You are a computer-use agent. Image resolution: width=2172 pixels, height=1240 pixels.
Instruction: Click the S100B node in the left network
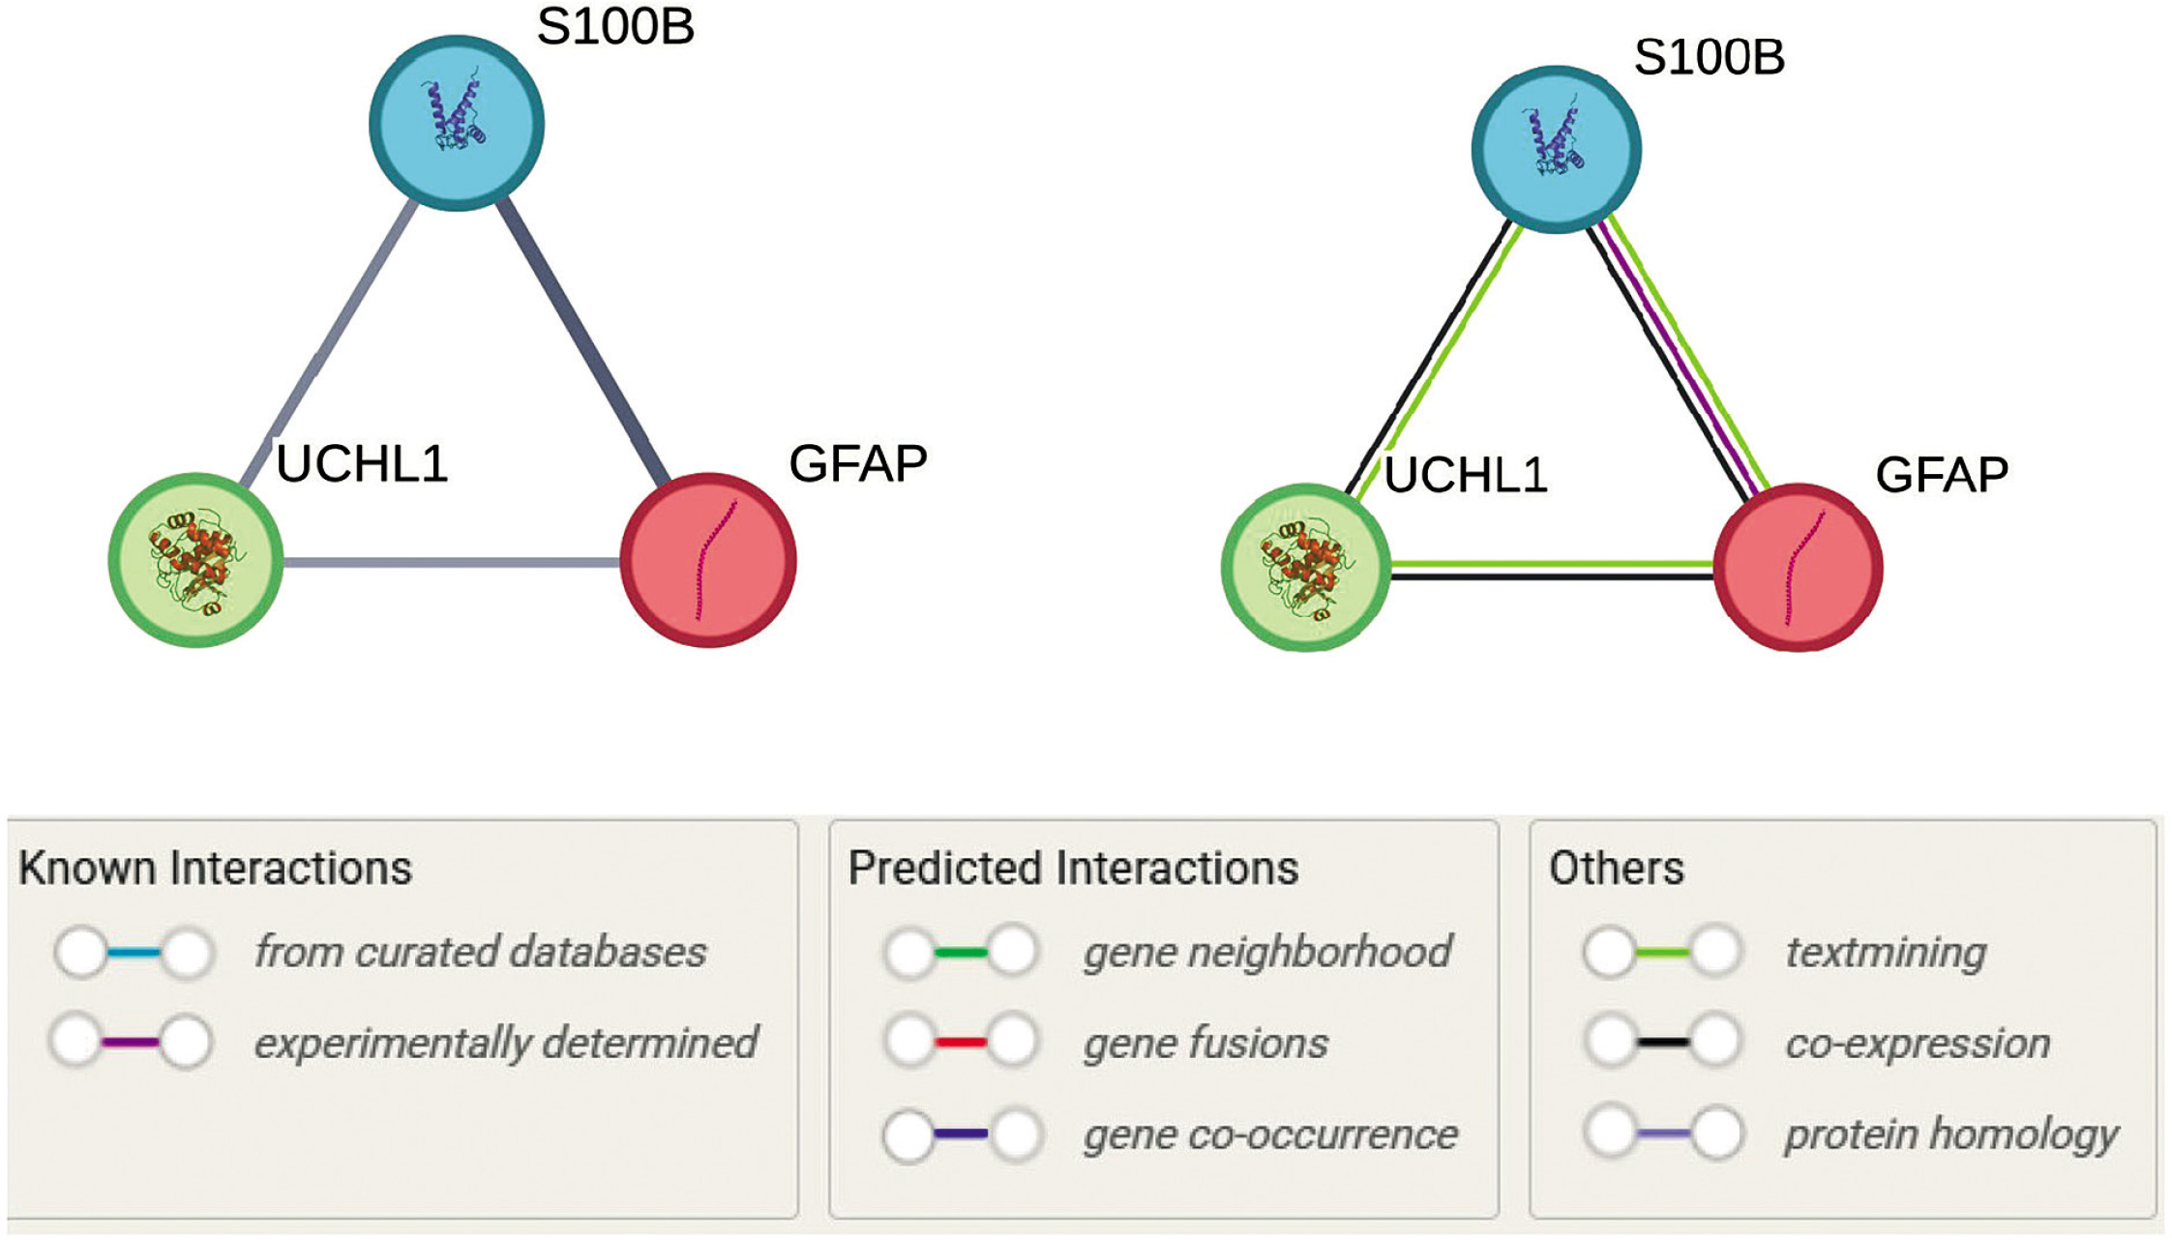click(x=457, y=123)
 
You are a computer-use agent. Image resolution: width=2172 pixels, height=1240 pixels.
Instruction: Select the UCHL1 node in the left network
click(x=195, y=560)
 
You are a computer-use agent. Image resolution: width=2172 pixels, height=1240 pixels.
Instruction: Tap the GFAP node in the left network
click(x=708, y=560)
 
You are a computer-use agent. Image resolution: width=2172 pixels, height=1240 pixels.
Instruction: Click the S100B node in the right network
click(x=1556, y=149)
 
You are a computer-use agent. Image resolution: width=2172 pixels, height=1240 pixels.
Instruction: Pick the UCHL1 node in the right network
click(x=1306, y=568)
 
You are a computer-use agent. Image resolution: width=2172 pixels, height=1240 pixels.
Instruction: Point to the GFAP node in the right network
click(x=1799, y=568)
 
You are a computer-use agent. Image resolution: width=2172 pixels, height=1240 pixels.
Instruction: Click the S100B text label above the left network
click(x=616, y=26)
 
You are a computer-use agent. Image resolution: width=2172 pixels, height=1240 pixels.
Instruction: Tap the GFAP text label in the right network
click(x=1942, y=474)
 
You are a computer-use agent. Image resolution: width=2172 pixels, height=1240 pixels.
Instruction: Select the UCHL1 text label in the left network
click(x=362, y=463)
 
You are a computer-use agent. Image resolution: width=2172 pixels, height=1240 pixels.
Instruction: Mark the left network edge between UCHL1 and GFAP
click(x=452, y=562)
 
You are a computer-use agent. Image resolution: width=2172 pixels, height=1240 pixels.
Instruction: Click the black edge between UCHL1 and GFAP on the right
click(x=1553, y=577)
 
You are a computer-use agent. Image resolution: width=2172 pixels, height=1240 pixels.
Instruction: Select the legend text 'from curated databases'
click(x=480, y=952)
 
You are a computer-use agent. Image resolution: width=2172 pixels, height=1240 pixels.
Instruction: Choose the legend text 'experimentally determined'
click(x=506, y=1043)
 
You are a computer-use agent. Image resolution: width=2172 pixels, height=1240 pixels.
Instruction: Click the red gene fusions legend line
click(x=961, y=1043)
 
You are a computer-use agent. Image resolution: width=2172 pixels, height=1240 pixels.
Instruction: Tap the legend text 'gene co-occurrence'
click(x=1270, y=1134)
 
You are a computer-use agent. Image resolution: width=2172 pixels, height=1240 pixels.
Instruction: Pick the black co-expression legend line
click(x=1663, y=1043)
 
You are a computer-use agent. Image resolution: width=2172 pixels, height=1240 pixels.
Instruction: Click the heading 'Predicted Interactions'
click(x=1073, y=868)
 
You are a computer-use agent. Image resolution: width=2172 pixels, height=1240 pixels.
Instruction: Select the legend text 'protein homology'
click(x=1951, y=1135)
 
